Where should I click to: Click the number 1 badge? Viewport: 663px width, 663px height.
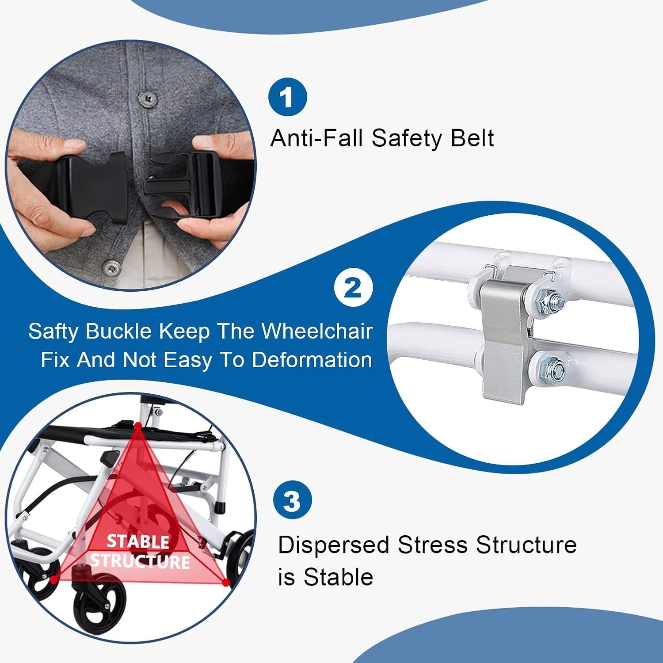click(x=287, y=97)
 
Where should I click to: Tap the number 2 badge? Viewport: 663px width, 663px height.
click(x=353, y=288)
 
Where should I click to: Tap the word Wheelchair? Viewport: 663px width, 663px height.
click(x=317, y=331)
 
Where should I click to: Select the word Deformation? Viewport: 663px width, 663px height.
click(x=312, y=360)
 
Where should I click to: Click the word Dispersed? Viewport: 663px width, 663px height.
click(x=334, y=545)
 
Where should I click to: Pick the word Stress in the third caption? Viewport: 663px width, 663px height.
click(x=433, y=545)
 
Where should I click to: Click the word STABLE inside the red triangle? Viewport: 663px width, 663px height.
click(x=138, y=541)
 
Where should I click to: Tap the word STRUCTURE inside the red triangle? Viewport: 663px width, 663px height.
click(x=140, y=562)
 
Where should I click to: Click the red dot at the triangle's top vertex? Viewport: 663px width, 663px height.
click(x=138, y=426)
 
